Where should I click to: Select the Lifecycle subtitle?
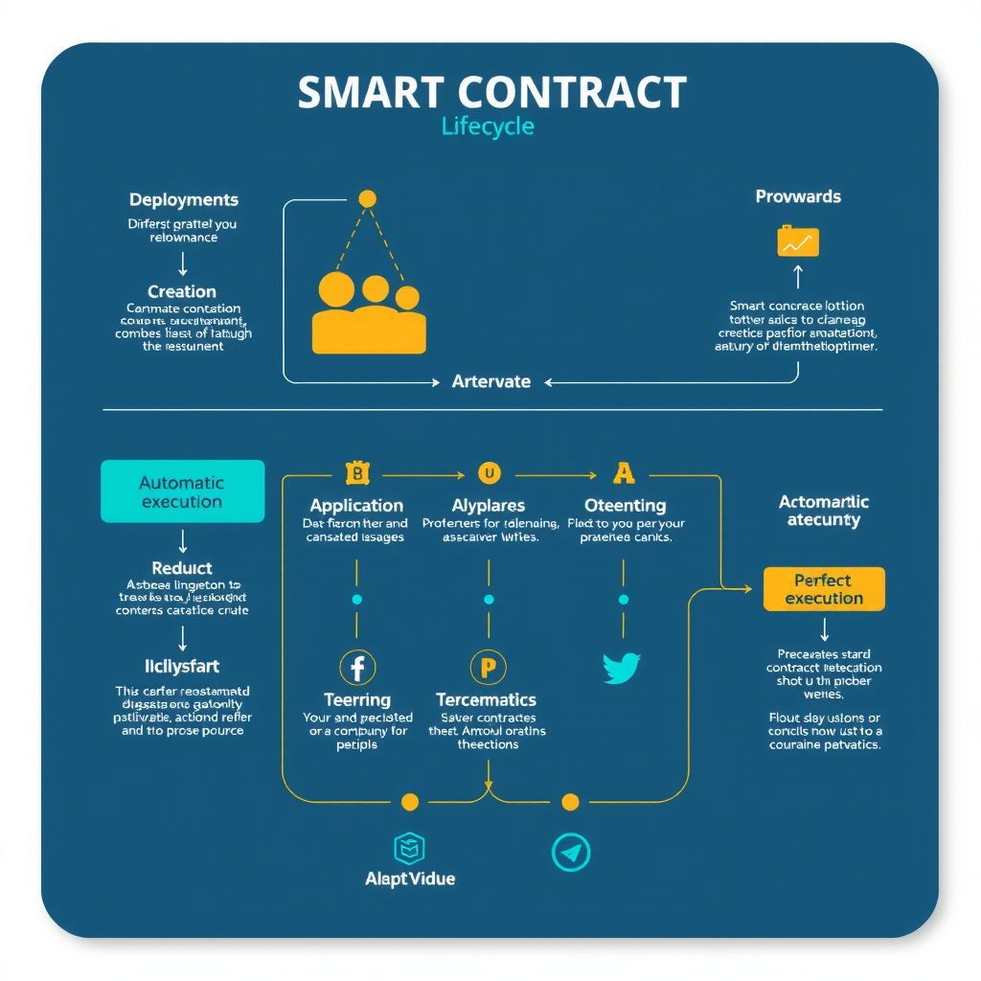click(488, 126)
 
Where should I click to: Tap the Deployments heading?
click(184, 200)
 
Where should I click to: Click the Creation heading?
click(182, 291)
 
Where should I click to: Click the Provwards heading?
click(798, 196)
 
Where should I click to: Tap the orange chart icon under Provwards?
click(798, 241)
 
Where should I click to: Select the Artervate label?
click(490, 381)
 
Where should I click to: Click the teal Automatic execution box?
click(182, 491)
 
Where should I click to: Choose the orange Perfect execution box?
click(824, 589)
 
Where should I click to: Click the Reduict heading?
click(182, 568)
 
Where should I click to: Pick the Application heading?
click(356, 505)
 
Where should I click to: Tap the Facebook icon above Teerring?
click(357, 667)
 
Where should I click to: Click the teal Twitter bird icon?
click(622, 668)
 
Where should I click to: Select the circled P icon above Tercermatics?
click(488, 667)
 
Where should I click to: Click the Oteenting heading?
click(625, 505)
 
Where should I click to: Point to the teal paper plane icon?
click(571, 851)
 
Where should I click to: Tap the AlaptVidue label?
click(410, 878)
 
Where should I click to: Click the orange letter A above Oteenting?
click(624, 472)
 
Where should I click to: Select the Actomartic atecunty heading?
click(824, 511)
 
